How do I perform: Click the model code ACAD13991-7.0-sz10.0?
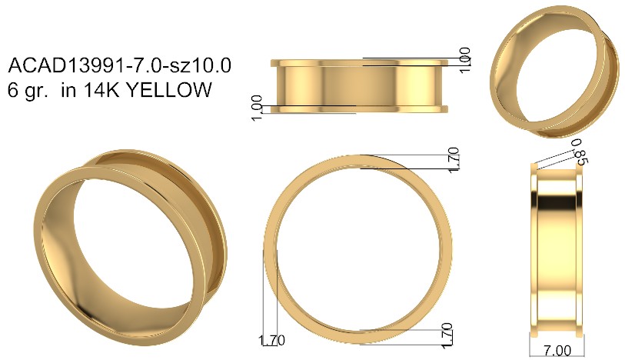120,65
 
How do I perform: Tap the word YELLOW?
168,90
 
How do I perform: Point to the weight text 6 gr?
28,91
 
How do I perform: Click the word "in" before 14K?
68,90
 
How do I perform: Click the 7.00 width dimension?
557,351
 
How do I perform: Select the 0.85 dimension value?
579,152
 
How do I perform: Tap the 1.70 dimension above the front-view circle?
454,160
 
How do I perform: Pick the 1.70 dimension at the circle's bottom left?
271,341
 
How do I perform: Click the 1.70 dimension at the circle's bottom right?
447,335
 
